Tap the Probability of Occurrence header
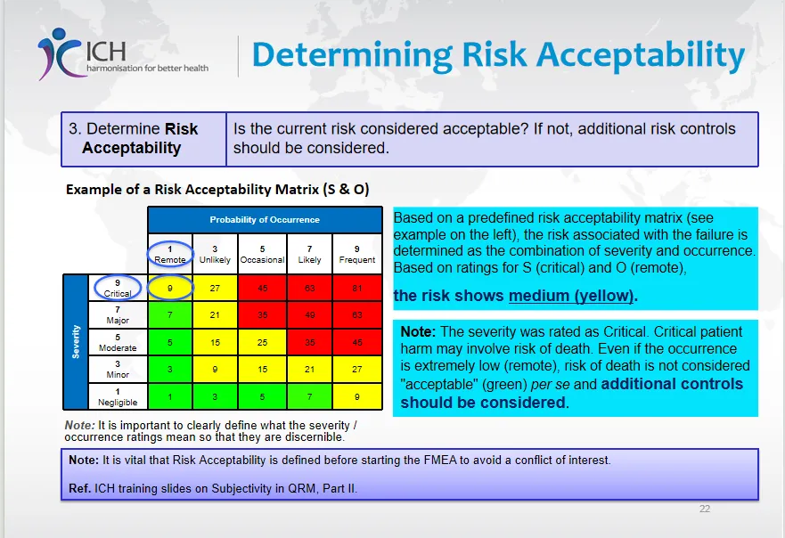coord(265,220)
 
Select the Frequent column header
coord(357,254)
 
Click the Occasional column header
coord(262,254)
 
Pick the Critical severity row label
coord(118,289)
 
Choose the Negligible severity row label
coord(118,397)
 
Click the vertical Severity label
coord(76,342)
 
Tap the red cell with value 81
coord(357,289)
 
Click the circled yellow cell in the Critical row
coord(170,289)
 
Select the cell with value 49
coord(309,315)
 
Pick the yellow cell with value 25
coord(262,343)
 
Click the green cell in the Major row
coord(170,315)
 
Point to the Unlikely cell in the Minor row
coord(215,370)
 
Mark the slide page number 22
coord(705,509)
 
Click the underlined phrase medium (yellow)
coord(571,296)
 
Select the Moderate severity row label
coord(118,343)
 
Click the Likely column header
coord(309,254)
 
